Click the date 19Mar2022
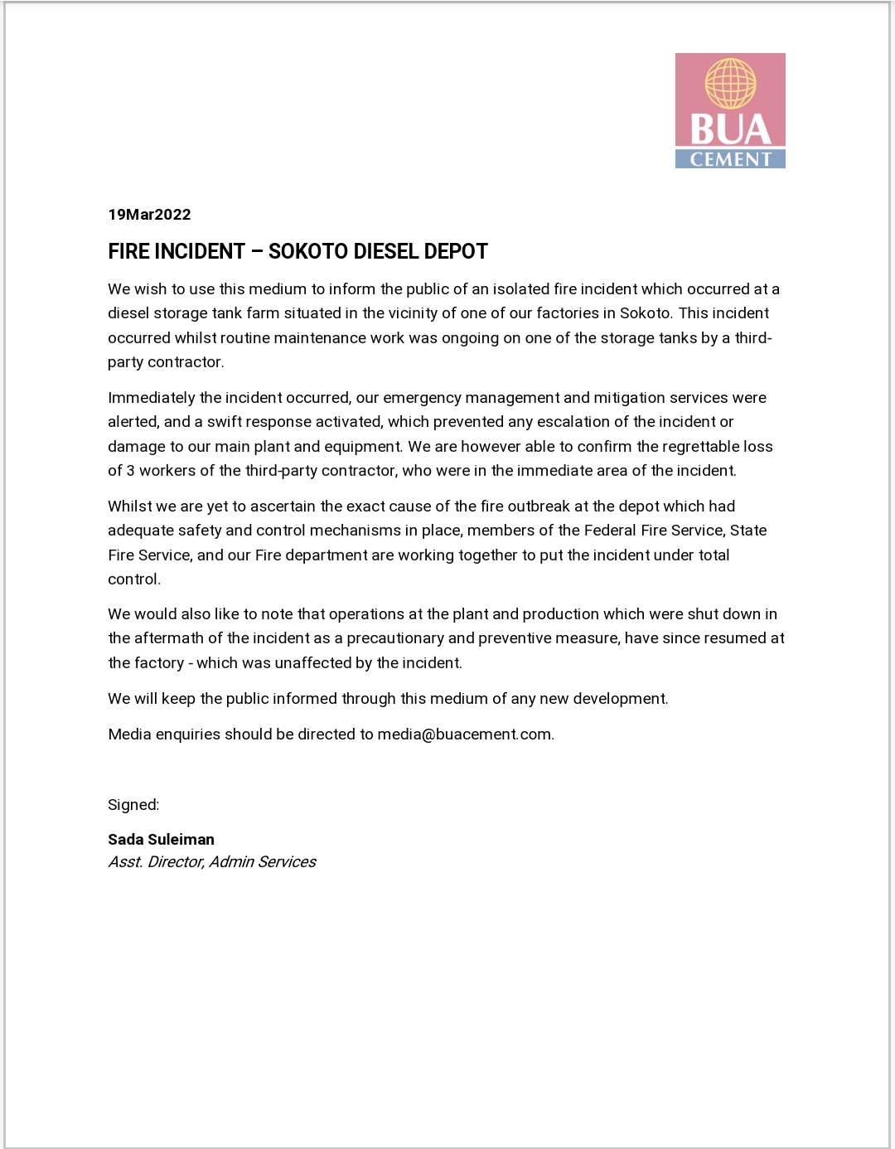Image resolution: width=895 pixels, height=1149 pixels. pos(149,215)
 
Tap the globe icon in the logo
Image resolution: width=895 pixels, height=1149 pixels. pos(730,84)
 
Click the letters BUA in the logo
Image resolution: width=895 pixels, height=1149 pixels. pos(730,130)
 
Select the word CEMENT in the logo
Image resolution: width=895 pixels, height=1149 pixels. pos(730,159)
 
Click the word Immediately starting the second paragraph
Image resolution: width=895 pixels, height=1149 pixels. pos(152,398)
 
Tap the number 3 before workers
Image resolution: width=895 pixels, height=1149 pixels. pos(130,471)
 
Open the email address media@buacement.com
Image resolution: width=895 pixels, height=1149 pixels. pos(464,734)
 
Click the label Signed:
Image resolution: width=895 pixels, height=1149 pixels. pos(133,805)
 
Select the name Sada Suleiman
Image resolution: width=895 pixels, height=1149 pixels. pos(161,840)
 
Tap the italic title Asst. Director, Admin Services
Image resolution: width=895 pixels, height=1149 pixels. pos(211,862)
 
